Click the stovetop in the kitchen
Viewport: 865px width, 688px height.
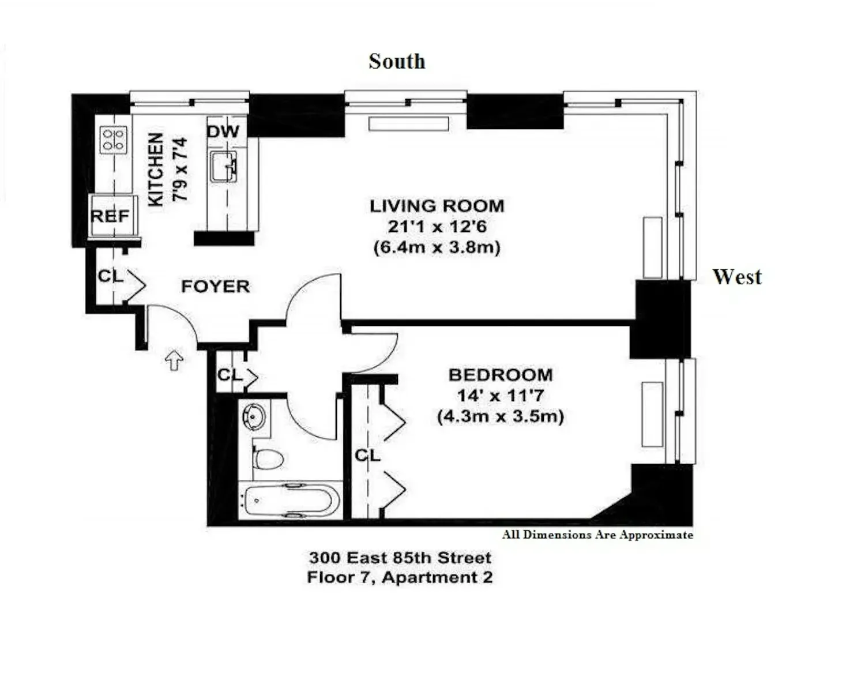(x=114, y=140)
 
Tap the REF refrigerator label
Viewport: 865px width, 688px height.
(x=110, y=216)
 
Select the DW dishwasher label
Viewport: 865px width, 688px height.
(x=224, y=131)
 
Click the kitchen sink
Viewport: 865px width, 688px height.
(x=224, y=167)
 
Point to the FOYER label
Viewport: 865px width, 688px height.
(x=216, y=287)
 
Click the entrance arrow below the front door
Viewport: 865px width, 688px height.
(x=175, y=359)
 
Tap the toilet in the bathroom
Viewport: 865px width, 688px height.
(x=268, y=459)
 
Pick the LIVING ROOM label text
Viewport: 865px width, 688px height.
(x=437, y=206)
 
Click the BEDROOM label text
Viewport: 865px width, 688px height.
(x=501, y=375)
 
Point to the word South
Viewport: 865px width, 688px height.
(x=397, y=62)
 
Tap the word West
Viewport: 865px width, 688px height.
(x=737, y=277)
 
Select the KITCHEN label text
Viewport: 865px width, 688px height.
(x=156, y=170)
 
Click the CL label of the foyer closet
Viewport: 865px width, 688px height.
(x=111, y=276)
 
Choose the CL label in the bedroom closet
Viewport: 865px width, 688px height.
(x=367, y=456)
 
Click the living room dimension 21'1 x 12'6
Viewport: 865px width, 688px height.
(x=437, y=227)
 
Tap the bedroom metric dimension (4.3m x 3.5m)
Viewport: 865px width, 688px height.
(x=501, y=416)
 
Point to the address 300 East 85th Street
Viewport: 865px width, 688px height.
(x=400, y=558)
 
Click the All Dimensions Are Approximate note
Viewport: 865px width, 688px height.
(x=597, y=535)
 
